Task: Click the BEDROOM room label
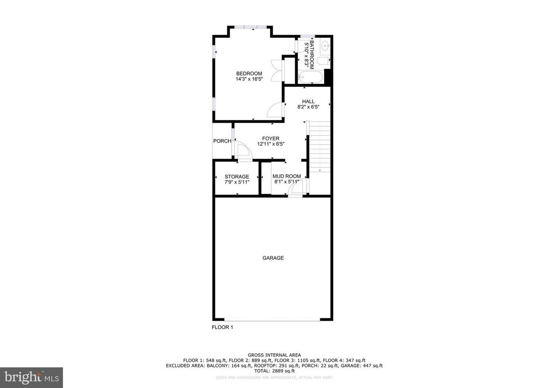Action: point(249,73)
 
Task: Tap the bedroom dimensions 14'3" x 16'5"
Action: point(249,79)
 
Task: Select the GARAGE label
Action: point(273,258)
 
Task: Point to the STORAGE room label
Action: point(237,177)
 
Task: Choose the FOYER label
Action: point(271,139)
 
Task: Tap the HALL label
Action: point(308,101)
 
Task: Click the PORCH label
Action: point(222,141)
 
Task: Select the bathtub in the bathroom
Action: point(310,77)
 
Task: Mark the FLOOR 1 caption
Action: point(222,327)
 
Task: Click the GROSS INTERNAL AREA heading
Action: point(274,355)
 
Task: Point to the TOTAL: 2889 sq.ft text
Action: point(274,371)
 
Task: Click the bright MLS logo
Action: point(31,377)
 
